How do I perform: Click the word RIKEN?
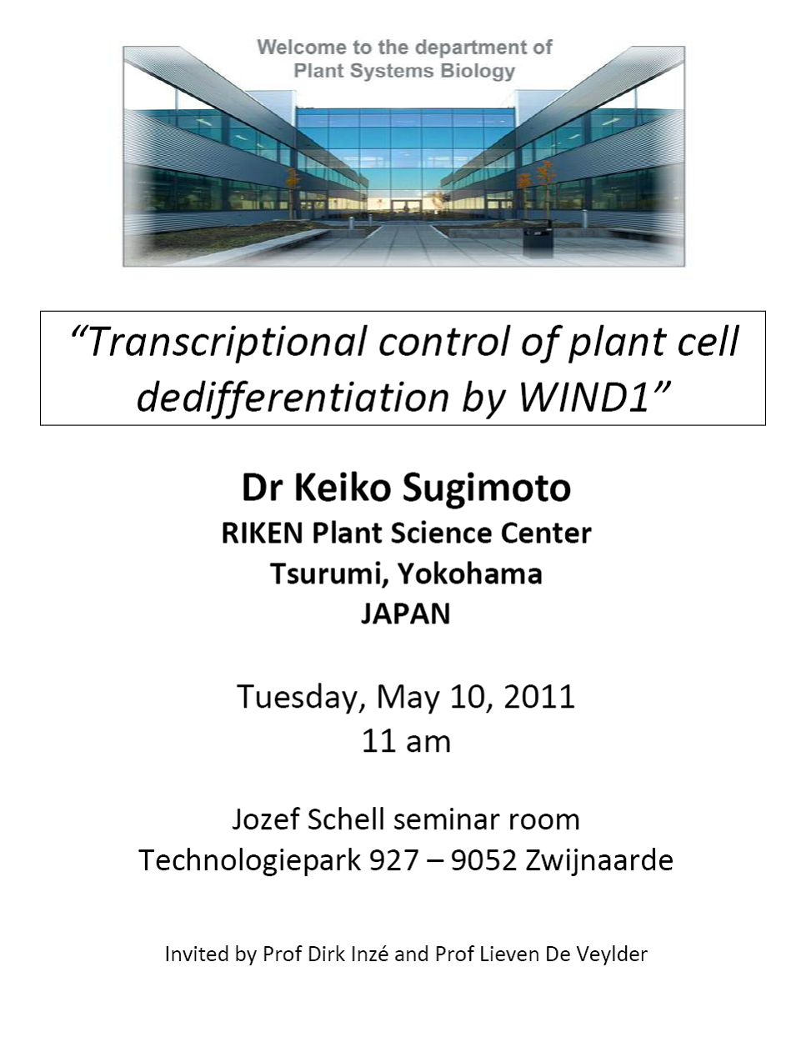click(263, 533)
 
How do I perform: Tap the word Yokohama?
click(470, 574)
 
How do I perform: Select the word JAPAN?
click(406, 614)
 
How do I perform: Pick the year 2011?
click(538, 696)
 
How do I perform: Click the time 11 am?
click(406, 742)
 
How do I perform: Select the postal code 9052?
click(483, 861)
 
